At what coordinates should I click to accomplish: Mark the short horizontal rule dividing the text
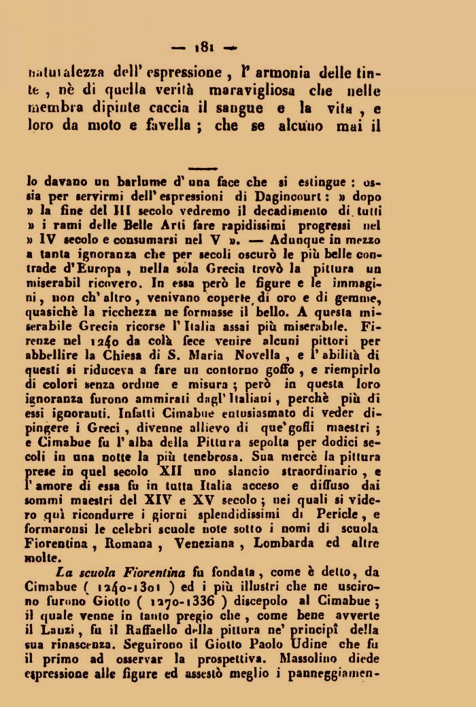click(x=202, y=168)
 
